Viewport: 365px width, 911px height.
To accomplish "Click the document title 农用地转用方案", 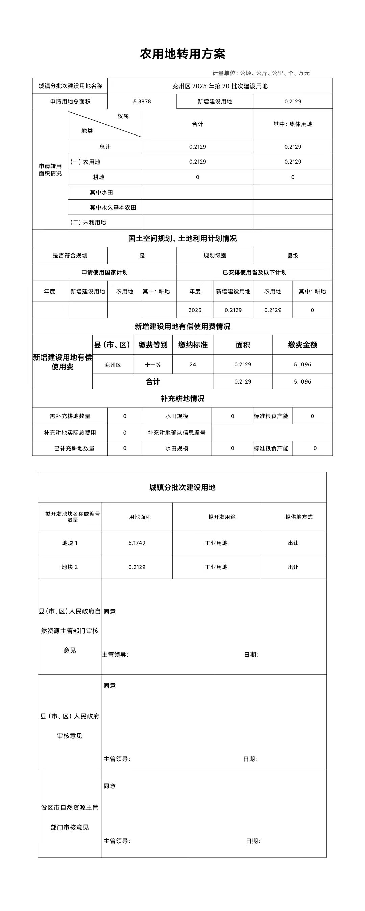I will pos(182,54).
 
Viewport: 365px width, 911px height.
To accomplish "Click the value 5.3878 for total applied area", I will pos(142,101).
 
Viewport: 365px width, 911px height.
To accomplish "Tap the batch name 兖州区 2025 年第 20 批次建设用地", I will pos(220,86).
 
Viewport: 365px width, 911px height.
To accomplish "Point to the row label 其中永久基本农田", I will pos(113,207).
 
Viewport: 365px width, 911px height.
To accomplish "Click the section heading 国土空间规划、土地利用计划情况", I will pos(182,238).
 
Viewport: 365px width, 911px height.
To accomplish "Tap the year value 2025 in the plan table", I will pos(195,310).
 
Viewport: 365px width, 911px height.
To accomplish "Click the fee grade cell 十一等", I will pos(153,365).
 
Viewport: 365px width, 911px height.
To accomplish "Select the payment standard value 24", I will pos(192,364).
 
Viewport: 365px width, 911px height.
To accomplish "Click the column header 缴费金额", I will pos(302,345).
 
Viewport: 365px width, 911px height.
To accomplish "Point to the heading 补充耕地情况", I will pos(182,399).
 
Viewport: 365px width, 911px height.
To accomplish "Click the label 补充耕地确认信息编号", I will pos(176,433).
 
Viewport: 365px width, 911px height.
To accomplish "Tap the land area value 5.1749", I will pos(137,543).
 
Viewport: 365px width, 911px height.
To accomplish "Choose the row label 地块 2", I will pos(70,567).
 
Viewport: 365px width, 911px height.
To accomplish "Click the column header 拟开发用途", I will pos(222,517).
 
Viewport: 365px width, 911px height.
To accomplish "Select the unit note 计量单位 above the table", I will pos(261,73).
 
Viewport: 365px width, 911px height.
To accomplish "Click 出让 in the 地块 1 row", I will pos(293,543).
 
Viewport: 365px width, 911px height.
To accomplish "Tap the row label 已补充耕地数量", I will pos(74,448).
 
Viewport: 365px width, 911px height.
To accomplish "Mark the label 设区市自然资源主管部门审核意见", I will pos(70,817).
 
